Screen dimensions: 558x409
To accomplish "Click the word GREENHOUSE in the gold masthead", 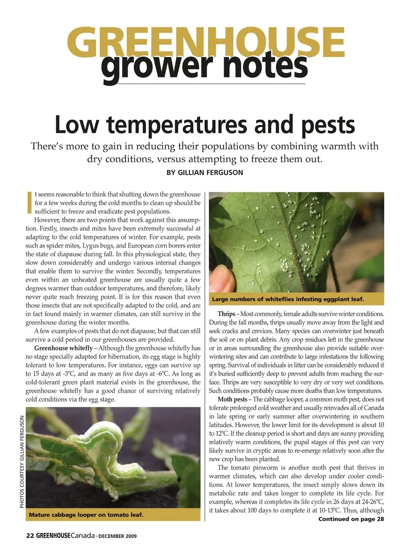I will coord(205,42).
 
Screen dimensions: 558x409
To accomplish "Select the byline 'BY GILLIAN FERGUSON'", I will coord(204,173).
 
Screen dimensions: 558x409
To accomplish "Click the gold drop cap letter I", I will coord(29,202).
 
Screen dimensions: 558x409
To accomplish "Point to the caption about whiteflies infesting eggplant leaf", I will coord(288,299).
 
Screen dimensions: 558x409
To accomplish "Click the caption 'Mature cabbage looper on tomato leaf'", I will coord(86,515).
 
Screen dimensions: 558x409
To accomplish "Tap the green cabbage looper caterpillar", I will coord(107,452).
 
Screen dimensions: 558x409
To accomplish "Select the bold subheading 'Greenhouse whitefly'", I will coord(63,348).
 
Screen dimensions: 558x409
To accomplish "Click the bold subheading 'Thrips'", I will coord(226,314).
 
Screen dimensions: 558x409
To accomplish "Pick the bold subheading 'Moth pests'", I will coord(232,399).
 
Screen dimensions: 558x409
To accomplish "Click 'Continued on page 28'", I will coord(351,519).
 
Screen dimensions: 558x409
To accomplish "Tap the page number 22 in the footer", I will coord(30,536).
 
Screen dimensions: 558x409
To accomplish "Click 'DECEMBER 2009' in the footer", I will coord(118,536).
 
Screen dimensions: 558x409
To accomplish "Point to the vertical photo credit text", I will coord(22,462).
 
